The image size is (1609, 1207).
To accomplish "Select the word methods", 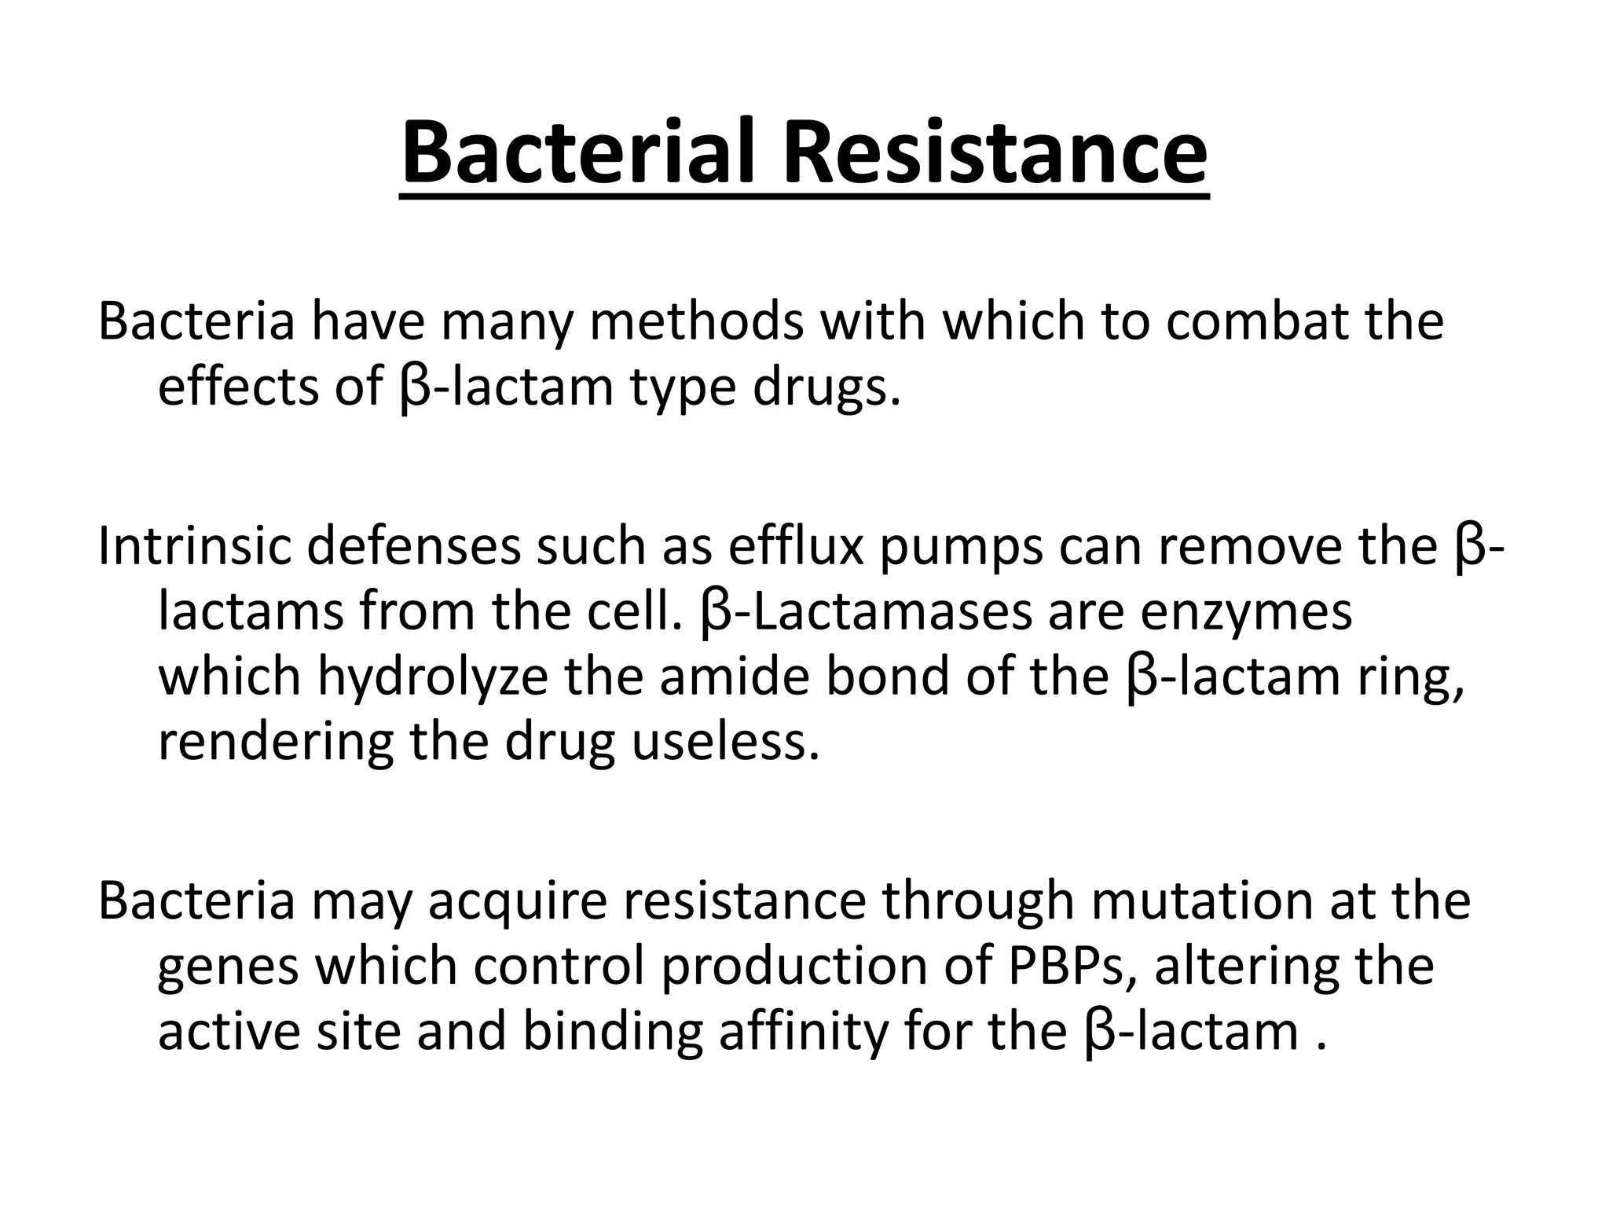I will [x=696, y=321].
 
